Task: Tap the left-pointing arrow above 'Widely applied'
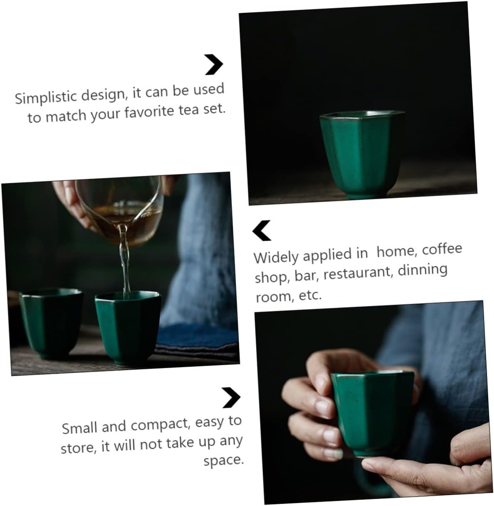[x=262, y=231]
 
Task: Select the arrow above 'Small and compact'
[x=231, y=398]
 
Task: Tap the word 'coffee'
[x=442, y=249]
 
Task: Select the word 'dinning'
[x=422, y=270]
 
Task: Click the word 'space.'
[x=224, y=461]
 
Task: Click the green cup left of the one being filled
[x=51, y=323]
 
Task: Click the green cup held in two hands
[x=372, y=413]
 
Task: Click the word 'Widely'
[x=276, y=257]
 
